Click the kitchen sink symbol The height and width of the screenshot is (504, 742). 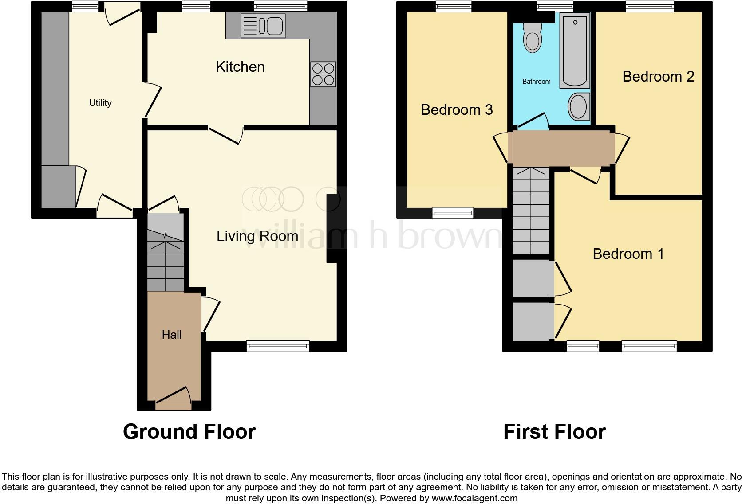pos(263,25)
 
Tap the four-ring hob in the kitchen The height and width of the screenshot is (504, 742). pos(323,74)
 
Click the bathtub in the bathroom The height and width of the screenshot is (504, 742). pos(575,50)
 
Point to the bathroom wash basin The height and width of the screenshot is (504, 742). pos(579,106)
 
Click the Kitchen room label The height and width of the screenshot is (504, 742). pos(240,67)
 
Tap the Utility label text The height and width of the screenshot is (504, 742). pos(100,103)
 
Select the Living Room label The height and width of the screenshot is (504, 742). pos(257,236)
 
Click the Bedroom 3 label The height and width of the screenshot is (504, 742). pos(457,109)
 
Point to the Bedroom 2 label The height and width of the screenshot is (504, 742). pos(658,77)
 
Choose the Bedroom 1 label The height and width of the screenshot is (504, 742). pos(628,254)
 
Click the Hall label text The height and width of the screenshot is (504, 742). pos(171,335)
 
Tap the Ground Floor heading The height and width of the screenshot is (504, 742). pos(189,431)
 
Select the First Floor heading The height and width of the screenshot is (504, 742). pos(554,431)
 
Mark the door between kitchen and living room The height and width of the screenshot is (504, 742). pos(226,133)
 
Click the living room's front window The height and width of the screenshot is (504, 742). pos(278,346)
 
